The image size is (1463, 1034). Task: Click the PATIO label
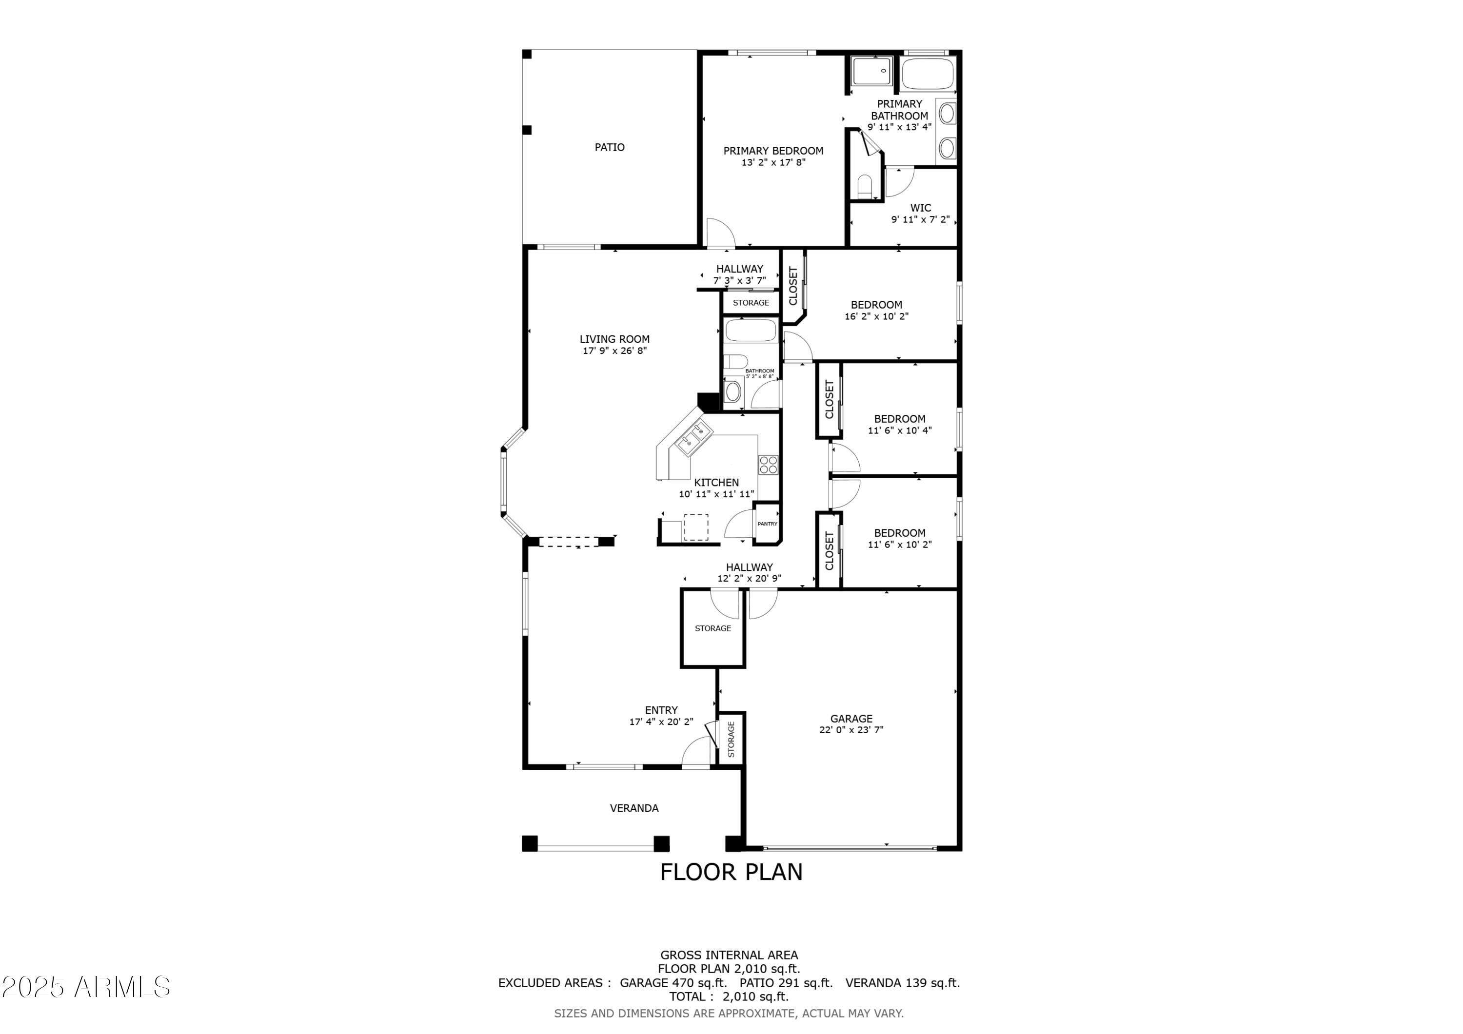tap(609, 147)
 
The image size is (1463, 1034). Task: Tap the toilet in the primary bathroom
tap(865, 185)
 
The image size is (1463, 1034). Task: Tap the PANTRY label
tap(767, 524)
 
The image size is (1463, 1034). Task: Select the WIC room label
tap(920, 208)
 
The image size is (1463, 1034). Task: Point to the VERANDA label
tap(634, 808)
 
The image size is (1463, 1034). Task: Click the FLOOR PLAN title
tap(731, 872)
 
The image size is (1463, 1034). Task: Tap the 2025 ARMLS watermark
tap(86, 987)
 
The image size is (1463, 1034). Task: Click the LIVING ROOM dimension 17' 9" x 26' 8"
tap(614, 351)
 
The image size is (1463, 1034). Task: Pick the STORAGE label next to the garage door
tap(731, 739)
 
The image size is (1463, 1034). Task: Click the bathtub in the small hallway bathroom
tap(751, 330)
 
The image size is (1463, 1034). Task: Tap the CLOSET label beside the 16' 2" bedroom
tap(793, 286)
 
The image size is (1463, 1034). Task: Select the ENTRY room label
tap(661, 710)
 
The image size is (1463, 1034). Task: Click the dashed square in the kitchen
tap(695, 527)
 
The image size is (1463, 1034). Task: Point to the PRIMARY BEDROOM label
tap(773, 151)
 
